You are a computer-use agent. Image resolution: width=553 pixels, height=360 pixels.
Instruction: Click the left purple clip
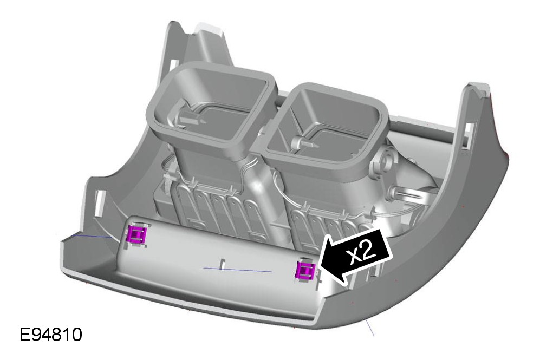click(136, 234)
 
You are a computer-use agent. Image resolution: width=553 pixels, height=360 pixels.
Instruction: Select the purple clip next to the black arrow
click(305, 270)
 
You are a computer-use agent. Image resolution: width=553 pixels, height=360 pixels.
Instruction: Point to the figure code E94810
click(51, 335)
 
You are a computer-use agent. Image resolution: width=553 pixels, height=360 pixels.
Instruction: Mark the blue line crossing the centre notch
click(238, 270)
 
